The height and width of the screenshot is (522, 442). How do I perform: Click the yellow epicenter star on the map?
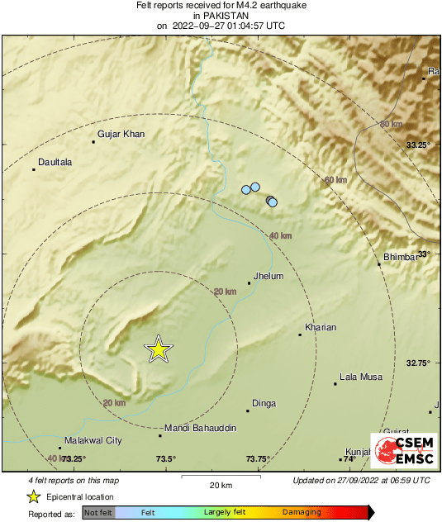158,350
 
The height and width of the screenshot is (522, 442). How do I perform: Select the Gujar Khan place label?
121,134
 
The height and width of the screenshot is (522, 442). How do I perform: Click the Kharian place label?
321,328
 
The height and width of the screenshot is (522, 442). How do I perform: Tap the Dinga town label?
264,404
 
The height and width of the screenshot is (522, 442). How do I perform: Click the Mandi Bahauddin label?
201,429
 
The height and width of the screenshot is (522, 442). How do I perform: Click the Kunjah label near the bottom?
358,453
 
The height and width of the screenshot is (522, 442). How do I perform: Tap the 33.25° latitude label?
419,145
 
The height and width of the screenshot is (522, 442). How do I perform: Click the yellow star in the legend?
34,496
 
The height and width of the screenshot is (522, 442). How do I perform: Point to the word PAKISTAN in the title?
220,15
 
